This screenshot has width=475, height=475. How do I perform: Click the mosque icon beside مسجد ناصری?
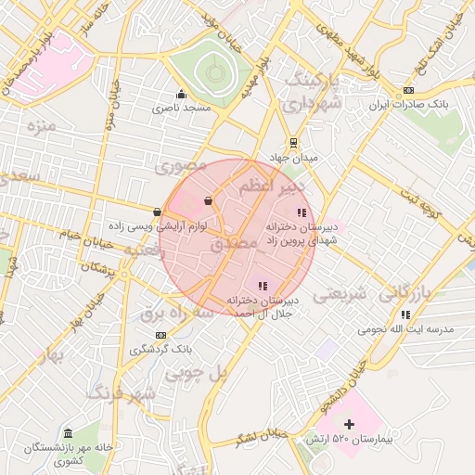point(181,94)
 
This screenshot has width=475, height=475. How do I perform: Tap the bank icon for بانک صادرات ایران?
point(408,90)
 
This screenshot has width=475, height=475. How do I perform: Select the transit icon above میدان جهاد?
point(294,143)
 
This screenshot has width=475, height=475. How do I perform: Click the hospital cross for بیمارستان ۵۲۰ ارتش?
point(349,423)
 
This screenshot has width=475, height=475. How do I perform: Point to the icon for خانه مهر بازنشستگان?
point(69,433)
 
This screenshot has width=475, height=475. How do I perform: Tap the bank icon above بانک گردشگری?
point(161,334)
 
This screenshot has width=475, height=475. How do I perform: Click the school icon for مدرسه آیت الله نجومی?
point(405,315)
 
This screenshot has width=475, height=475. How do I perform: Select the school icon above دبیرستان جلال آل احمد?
point(263,286)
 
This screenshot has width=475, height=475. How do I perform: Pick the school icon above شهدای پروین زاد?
point(301,213)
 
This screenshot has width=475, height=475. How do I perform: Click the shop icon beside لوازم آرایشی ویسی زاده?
point(157,212)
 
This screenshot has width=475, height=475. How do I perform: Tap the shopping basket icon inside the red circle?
point(208,199)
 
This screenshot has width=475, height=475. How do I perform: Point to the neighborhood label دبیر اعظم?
point(271,188)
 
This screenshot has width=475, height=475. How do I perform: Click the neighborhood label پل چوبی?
point(196,372)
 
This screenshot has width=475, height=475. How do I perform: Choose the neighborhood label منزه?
point(43,124)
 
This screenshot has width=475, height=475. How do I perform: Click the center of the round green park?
point(215,71)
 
